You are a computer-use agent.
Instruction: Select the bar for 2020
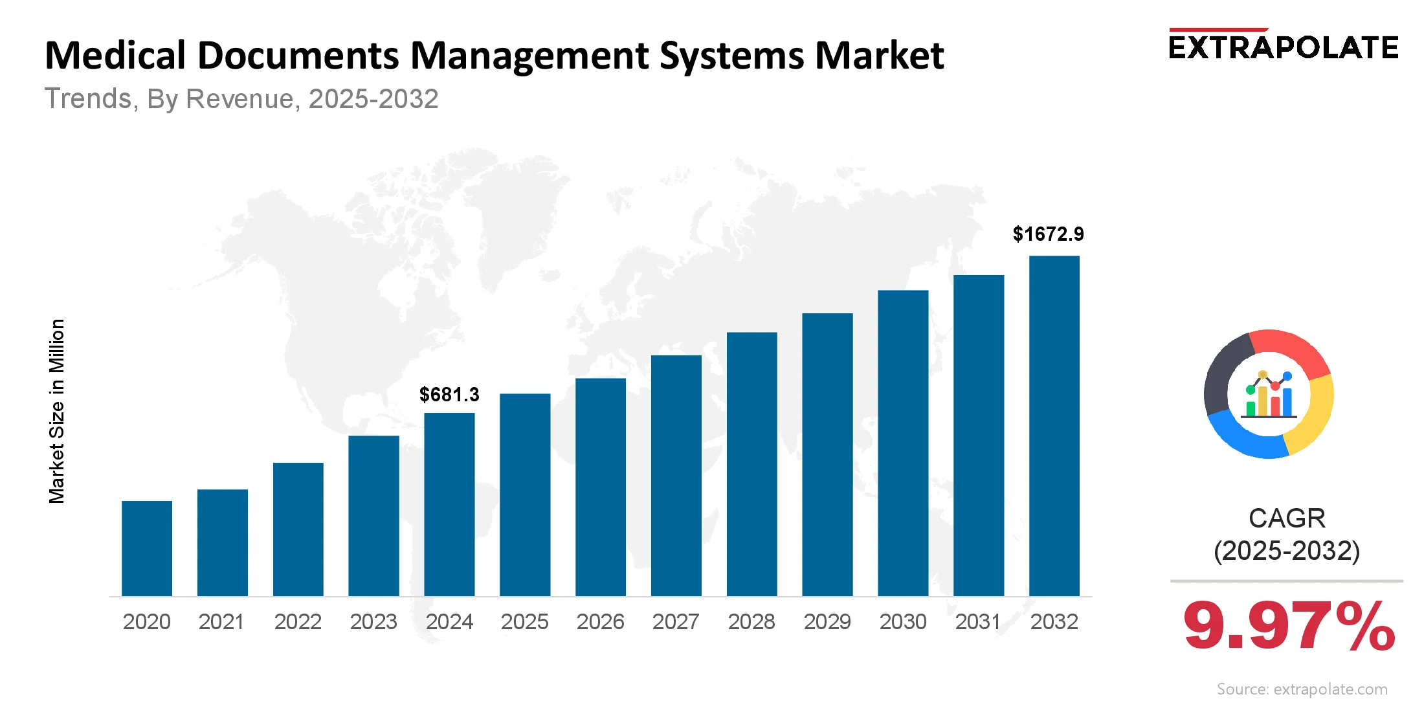[147, 548]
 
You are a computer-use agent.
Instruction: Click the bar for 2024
[449, 504]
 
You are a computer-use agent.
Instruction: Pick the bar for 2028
[751, 464]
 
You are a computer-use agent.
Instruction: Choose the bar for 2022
[298, 529]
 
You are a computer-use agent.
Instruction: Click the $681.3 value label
[449, 394]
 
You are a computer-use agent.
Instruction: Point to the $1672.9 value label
[1048, 234]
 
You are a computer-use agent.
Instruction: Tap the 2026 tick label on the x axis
[600, 621]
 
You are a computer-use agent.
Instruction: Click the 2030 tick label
[902, 621]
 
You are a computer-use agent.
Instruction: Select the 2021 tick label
[222, 621]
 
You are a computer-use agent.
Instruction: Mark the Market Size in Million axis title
[57, 411]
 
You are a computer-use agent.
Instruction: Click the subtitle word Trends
[88, 99]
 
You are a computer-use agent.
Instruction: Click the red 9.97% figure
[1288, 627]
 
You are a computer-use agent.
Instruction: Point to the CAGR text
[1287, 518]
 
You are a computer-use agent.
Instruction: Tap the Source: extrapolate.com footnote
[1302, 689]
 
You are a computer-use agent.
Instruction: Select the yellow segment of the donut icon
[1314, 414]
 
